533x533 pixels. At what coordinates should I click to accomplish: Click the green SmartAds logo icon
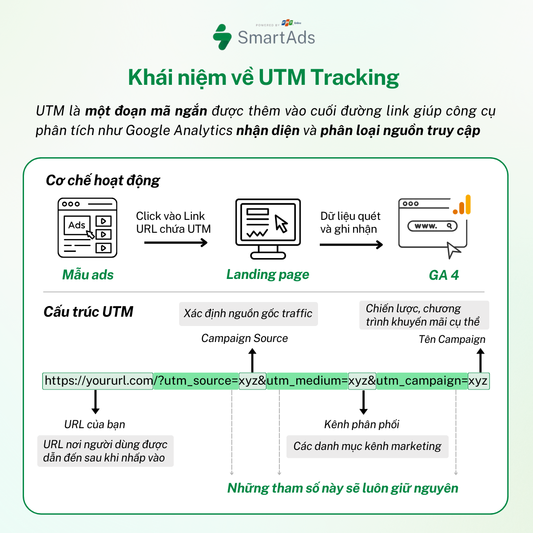pyautogui.click(x=223, y=37)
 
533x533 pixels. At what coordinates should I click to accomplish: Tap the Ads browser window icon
pyautogui.click(x=88, y=228)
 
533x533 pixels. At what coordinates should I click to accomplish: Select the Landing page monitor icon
pyautogui.click(x=268, y=228)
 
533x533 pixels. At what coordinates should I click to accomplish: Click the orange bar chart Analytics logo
pyautogui.click(x=462, y=205)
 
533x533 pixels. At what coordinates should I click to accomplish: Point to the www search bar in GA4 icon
pyautogui.click(x=432, y=226)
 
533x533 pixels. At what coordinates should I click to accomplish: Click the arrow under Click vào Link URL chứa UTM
pyautogui.click(x=176, y=243)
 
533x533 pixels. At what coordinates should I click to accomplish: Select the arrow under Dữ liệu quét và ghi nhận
pyautogui.click(x=351, y=244)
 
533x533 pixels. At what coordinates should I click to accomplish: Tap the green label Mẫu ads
pyautogui.click(x=88, y=275)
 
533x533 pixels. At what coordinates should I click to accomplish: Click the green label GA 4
pyautogui.click(x=443, y=275)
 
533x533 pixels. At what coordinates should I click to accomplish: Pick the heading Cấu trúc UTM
pyautogui.click(x=88, y=312)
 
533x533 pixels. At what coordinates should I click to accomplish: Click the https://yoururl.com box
pyautogui.click(x=98, y=381)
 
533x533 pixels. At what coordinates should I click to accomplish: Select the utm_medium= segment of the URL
pyautogui.click(x=307, y=381)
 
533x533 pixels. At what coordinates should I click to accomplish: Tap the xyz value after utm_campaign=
pyautogui.click(x=478, y=381)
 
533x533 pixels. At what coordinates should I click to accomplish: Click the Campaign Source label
pyautogui.click(x=244, y=338)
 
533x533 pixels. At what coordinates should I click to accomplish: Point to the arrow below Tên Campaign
pyautogui.click(x=480, y=360)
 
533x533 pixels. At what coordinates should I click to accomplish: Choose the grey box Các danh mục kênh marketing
pyautogui.click(x=367, y=446)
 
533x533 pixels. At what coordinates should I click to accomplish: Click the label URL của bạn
pyautogui.click(x=95, y=425)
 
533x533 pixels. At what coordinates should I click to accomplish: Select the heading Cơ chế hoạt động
pyautogui.click(x=103, y=180)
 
